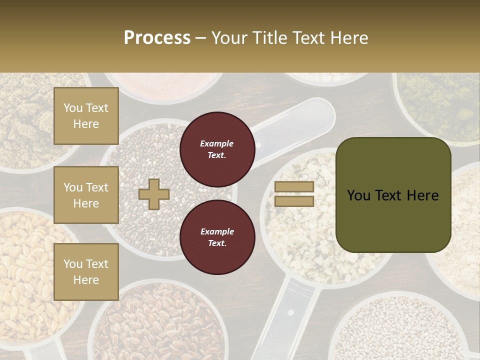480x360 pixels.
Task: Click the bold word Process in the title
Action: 157,38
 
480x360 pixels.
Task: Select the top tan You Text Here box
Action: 86,116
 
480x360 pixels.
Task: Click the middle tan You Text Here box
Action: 86,195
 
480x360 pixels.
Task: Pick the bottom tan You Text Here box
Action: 86,271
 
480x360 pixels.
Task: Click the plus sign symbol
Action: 153,194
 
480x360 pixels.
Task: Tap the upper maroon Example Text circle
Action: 217,149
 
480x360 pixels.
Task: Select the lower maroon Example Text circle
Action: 217,237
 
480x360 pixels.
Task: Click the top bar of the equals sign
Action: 294,187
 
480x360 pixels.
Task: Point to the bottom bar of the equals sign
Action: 294,201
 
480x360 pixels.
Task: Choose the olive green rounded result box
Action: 393,194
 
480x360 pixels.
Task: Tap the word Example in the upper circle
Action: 217,144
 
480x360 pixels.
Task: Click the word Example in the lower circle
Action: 217,232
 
